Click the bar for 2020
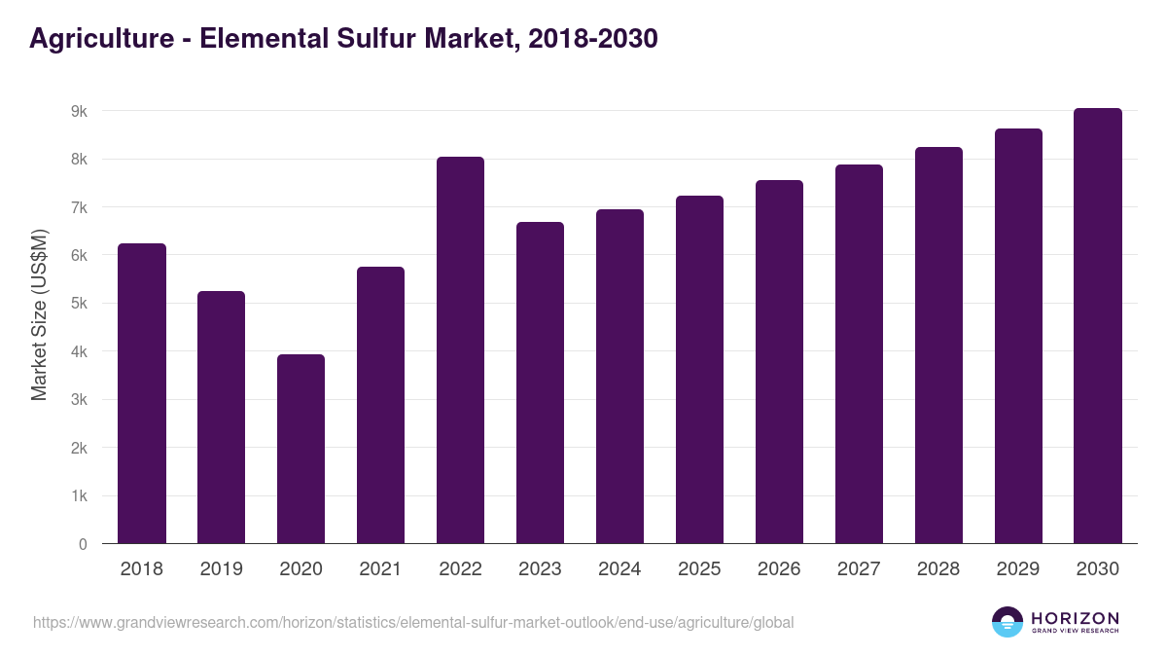click(x=301, y=449)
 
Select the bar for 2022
click(x=460, y=350)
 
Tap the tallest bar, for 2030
click(x=1098, y=326)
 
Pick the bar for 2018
click(x=142, y=393)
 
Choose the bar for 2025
click(x=699, y=370)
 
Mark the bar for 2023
click(x=540, y=383)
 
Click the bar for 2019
click(x=221, y=418)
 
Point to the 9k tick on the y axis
click(x=79, y=112)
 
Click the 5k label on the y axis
click(x=79, y=304)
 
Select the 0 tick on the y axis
click(x=83, y=544)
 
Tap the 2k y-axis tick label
click(x=79, y=449)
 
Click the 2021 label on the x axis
click(x=380, y=569)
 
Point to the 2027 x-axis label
click(x=859, y=569)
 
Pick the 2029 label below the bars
click(x=1018, y=569)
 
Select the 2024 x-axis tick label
click(x=619, y=569)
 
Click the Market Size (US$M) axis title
click(x=39, y=314)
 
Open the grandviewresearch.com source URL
click(x=413, y=622)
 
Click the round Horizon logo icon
click(x=1008, y=622)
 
